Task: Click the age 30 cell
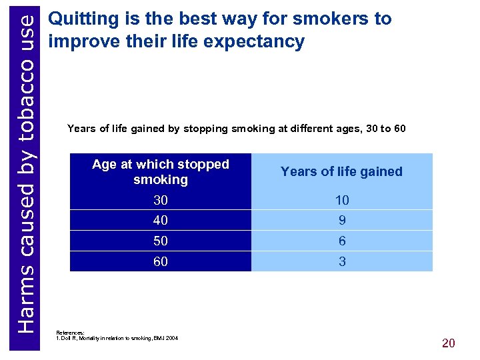pyautogui.click(x=161, y=200)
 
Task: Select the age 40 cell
pyautogui.click(x=161, y=220)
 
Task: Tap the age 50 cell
pyautogui.click(x=161, y=241)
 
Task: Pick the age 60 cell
pyautogui.click(x=161, y=262)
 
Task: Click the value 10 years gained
pyautogui.click(x=342, y=200)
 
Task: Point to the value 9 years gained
pyautogui.click(x=342, y=220)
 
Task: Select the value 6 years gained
pyautogui.click(x=342, y=241)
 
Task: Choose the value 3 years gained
pyautogui.click(x=342, y=262)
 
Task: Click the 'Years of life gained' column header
pyautogui.click(x=341, y=171)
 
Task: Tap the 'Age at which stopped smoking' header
pyautogui.click(x=161, y=171)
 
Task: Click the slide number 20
pyautogui.click(x=448, y=343)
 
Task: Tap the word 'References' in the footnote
pyautogui.click(x=70, y=331)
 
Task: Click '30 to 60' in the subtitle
pyautogui.click(x=386, y=128)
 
